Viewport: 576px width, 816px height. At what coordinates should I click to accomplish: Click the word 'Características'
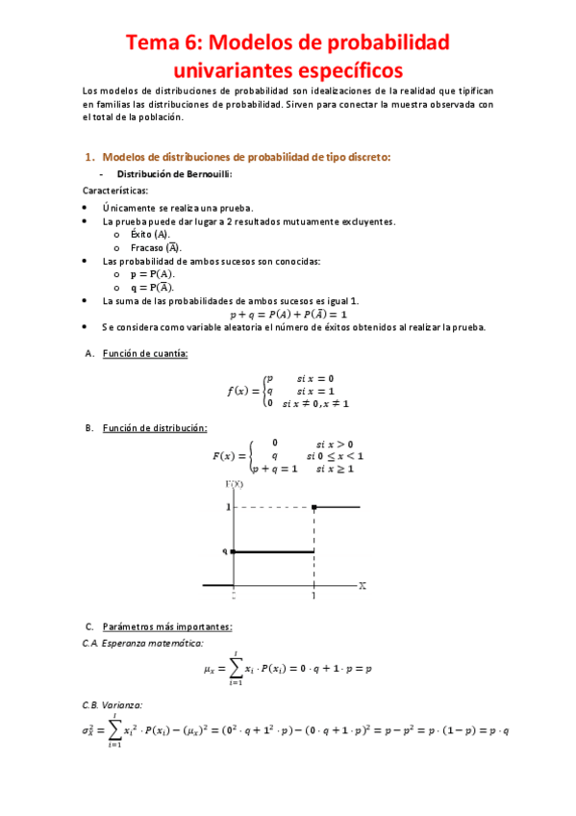click(114, 191)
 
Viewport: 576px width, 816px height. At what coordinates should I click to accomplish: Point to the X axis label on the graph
click(362, 584)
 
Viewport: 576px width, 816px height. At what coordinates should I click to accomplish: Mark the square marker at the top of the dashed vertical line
click(314, 506)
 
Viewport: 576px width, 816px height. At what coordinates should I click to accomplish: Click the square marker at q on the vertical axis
click(234, 551)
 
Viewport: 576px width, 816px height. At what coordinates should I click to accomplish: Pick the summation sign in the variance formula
click(114, 729)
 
